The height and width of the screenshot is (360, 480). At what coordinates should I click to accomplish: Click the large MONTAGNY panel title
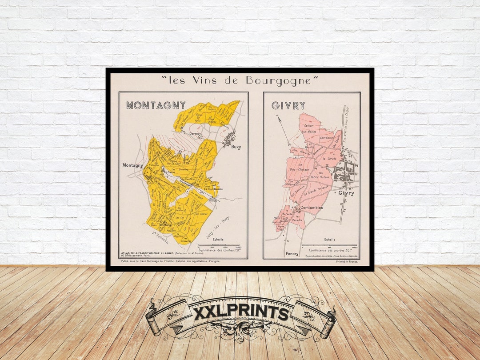156,105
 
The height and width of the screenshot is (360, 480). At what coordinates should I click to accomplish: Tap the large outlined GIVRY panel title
288,105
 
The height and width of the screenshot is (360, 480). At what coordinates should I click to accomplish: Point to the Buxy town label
236,147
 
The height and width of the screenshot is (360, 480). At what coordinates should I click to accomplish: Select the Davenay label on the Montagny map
195,133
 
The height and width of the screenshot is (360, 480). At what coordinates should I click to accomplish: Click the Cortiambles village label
312,208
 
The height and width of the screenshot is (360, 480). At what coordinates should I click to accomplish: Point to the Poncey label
292,254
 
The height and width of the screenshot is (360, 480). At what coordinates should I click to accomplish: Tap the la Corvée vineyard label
329,158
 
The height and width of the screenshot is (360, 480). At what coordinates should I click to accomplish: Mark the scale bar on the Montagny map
219,245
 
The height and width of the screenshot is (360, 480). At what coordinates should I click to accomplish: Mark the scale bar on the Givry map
329,245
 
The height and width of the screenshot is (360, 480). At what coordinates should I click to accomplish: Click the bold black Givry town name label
346,193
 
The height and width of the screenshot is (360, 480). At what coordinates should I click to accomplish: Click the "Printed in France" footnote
348,261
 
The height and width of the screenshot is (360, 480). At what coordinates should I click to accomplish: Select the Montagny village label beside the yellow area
133,165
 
